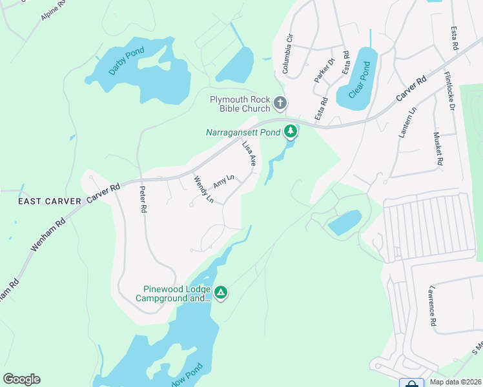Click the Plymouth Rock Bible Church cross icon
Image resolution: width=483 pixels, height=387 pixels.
pos(280,103)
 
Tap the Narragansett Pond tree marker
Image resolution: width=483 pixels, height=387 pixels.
pos(291,132)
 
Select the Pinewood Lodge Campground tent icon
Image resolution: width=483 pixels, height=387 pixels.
pos(221,293)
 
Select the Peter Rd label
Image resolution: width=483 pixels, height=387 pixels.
pos(143,200)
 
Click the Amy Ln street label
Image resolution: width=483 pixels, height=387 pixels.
pos(223,182)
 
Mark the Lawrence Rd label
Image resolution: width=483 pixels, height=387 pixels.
pos(433,306)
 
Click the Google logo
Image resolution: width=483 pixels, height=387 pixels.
pos(21,379)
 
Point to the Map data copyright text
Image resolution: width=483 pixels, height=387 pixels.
pos(455,382)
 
